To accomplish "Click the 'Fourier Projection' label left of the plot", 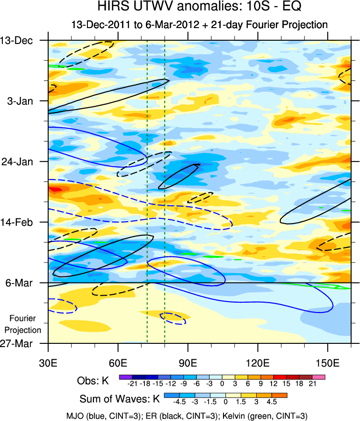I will pyautogui.click(x=25, y=324).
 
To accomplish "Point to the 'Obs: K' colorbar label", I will pyautogui.click(x=93, y=381).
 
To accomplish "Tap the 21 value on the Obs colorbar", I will pyautogui.click(x=312, y=384).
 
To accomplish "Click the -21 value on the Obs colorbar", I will pyautogui.click(x=132, y=384).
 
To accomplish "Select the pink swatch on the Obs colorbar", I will pyautogui.click(x=319, y=376).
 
